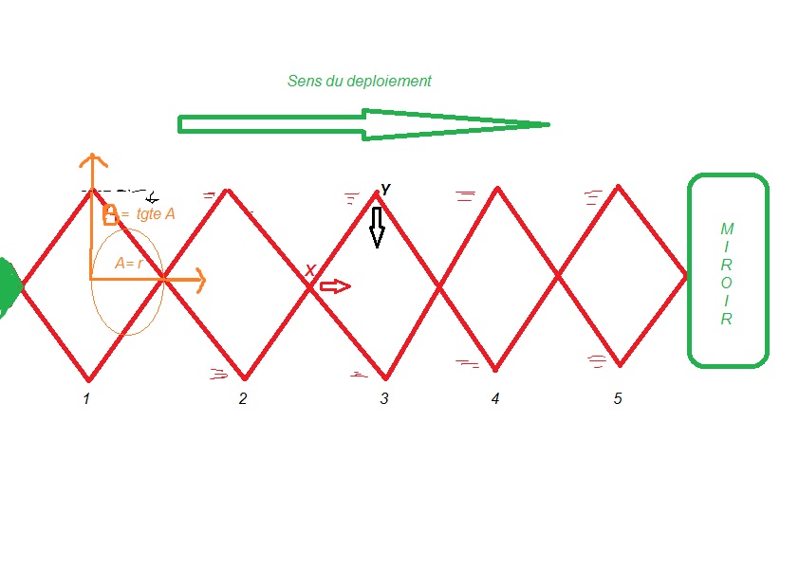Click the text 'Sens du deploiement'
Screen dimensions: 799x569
(x=359, y=82)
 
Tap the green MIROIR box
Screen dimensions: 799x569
(x=727, y=270)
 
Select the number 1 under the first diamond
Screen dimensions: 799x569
(x=86, y=399)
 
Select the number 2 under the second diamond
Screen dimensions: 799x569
(x=243, y=399)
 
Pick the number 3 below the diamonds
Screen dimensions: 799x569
(x=384, y=399)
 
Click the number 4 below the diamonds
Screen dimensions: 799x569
(x=495, y=399)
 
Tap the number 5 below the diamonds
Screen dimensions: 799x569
(x=618, y=399)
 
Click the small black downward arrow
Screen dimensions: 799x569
(x=377, y=228)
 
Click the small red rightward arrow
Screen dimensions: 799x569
(x=335, y=286)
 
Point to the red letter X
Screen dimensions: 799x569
(x=309, y=271)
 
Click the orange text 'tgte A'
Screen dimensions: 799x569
(x=156, y=214)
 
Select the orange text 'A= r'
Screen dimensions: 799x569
(x=128, y=264)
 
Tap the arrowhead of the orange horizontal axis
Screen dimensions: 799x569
(x=201, y=279)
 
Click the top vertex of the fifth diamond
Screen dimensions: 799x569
(x=619, y=186)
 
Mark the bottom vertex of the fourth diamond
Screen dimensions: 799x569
(x=494, y=369)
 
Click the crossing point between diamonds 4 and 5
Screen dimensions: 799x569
(x=558, y=276)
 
